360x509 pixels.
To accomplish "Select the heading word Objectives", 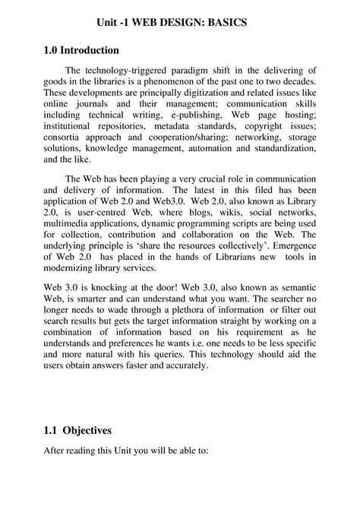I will [x=87, y=430].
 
